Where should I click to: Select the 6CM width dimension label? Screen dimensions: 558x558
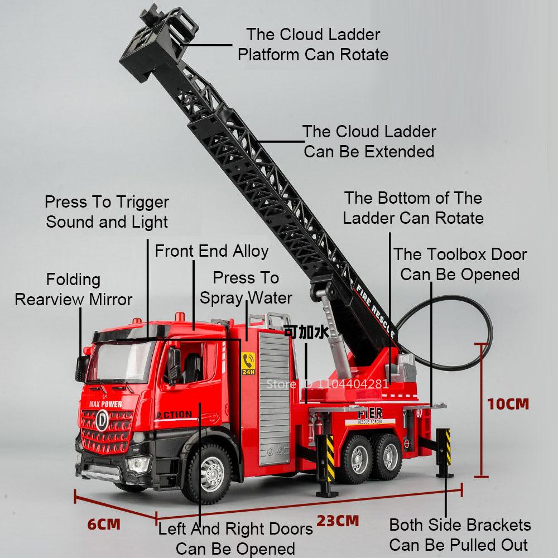(104, 524)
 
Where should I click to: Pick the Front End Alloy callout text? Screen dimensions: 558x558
(211, 251)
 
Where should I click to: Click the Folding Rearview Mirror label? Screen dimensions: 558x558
(73, 289)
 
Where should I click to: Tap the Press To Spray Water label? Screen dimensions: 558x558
(246, 287)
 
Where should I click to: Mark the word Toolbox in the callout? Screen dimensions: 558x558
(460, 254)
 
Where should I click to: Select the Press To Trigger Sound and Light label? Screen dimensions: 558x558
(107, 211)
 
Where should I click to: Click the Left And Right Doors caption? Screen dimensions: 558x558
(235, 538)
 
